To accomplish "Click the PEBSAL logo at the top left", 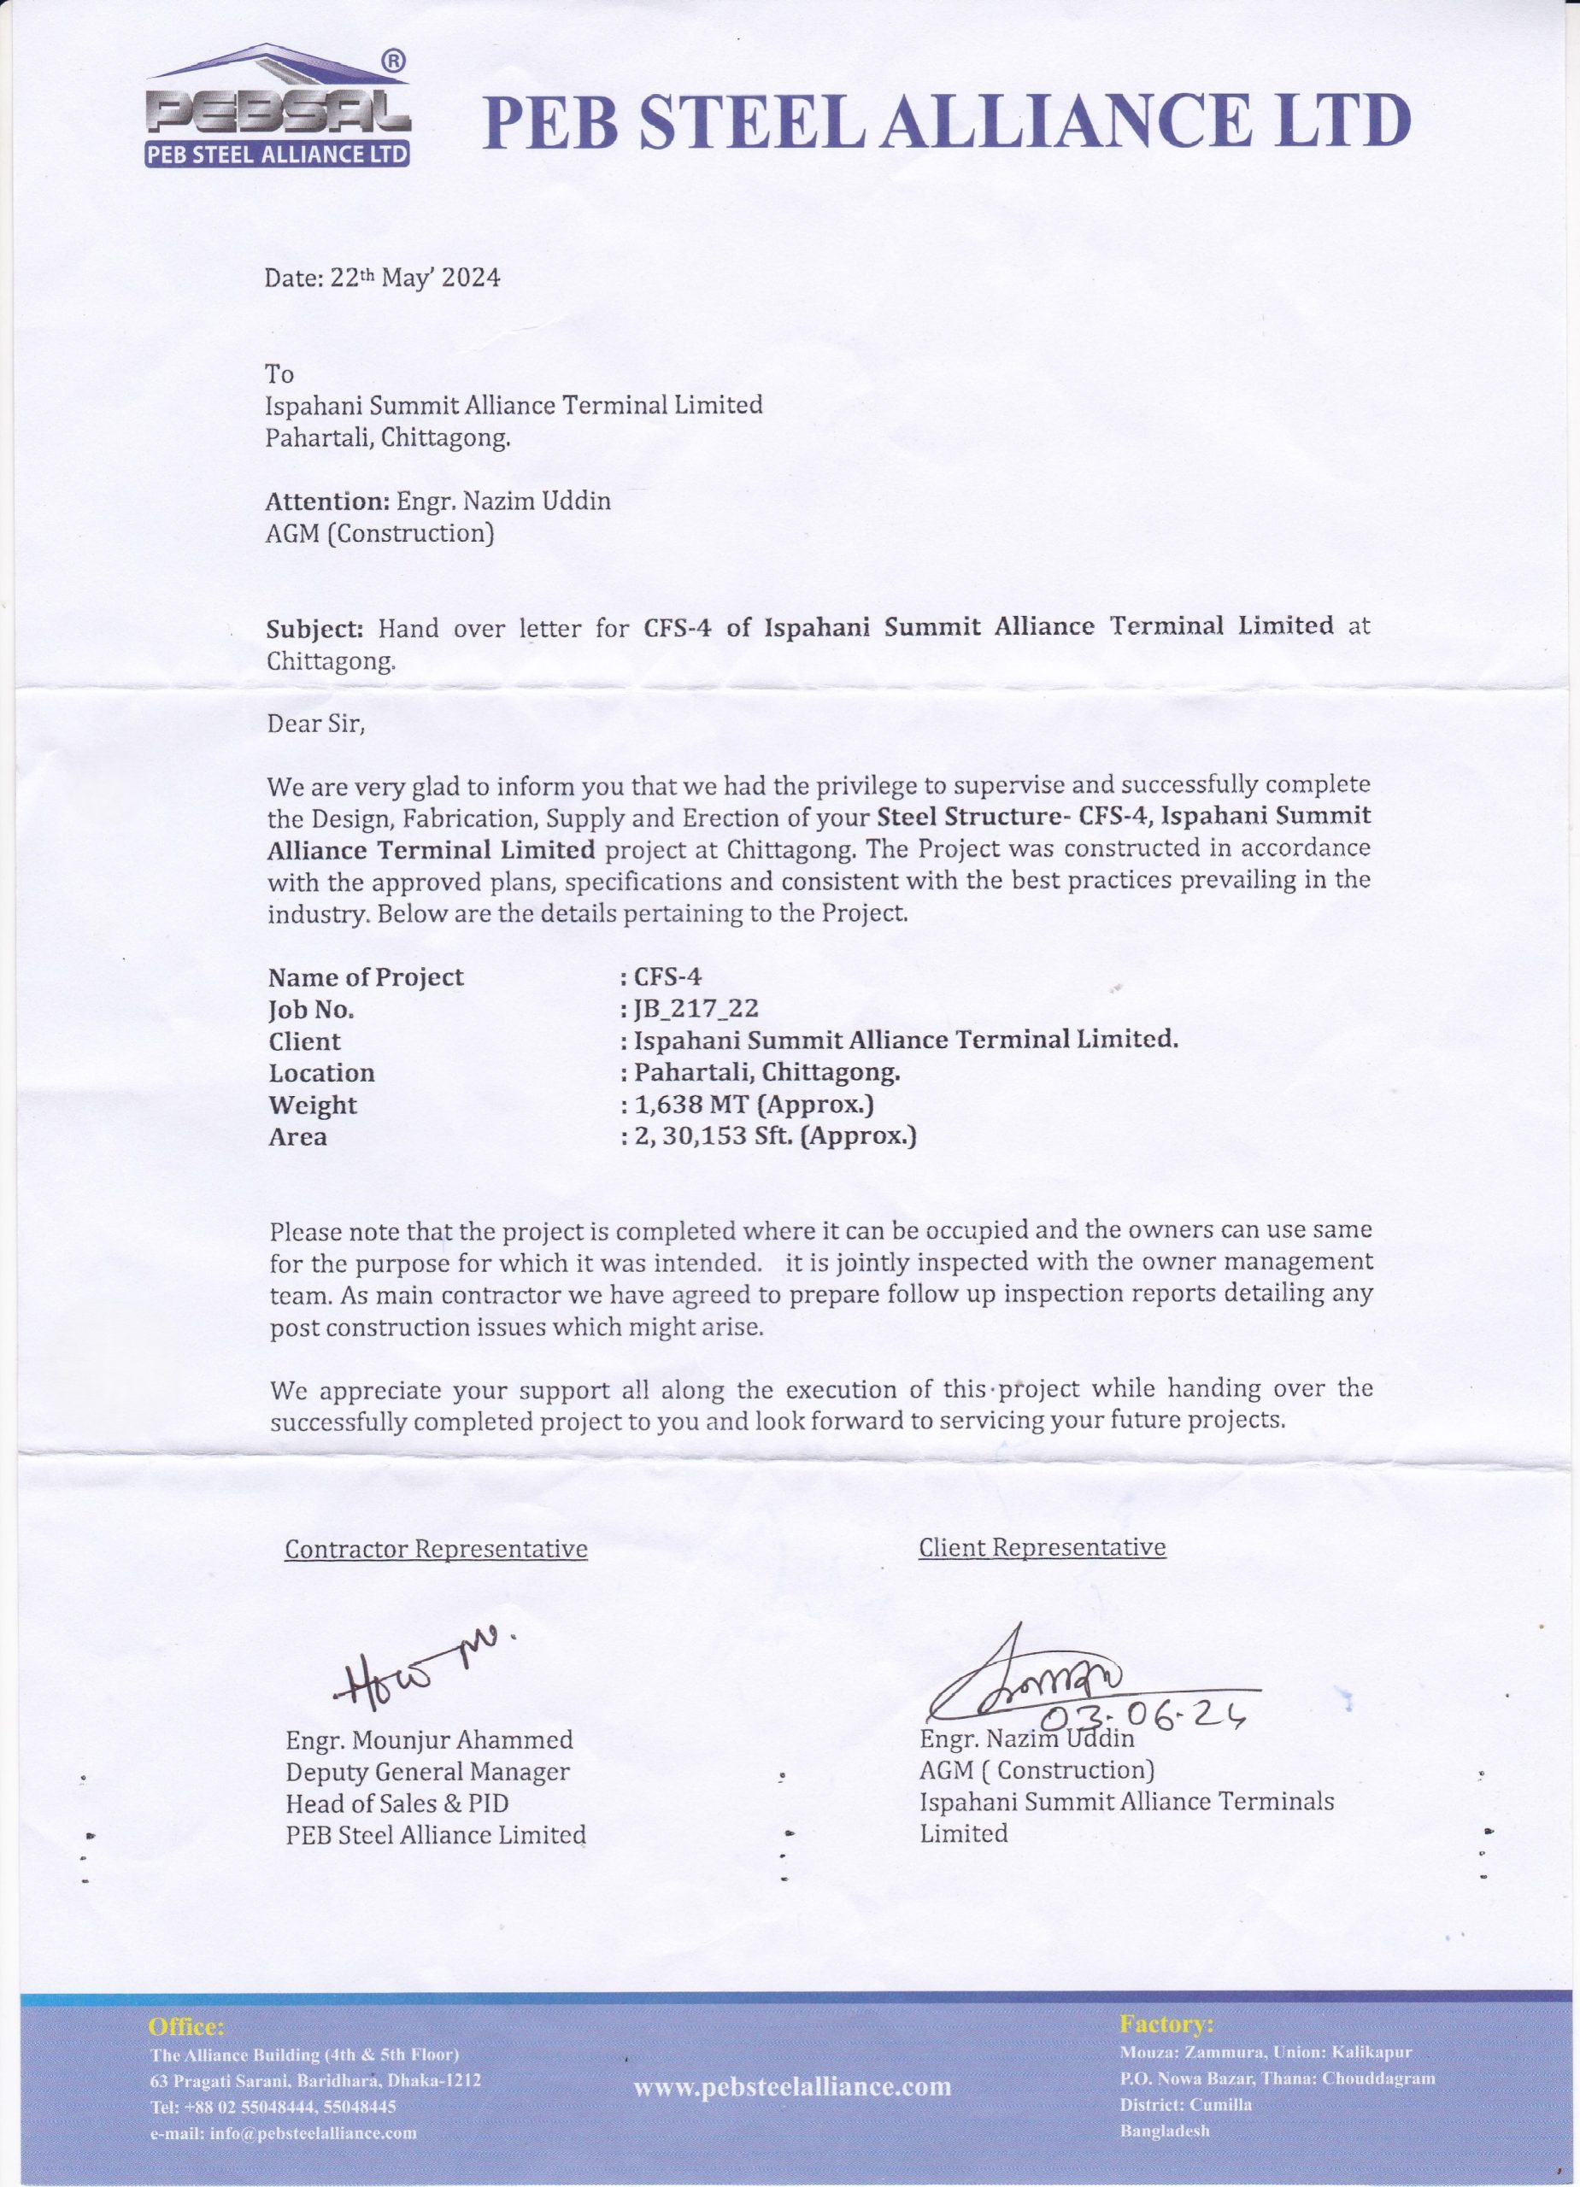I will (278, 114).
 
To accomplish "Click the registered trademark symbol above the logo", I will (394, 60).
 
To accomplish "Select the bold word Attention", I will (326, 502).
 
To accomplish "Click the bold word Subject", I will (314, 628).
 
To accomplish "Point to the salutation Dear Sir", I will (316, 724).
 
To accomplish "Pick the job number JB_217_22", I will (696, 1009).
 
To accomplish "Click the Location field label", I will (321, 1072).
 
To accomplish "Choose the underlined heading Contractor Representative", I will (436, 1549).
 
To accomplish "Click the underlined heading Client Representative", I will (1042, 1547).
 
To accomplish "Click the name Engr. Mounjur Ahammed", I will (429, 1739).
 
